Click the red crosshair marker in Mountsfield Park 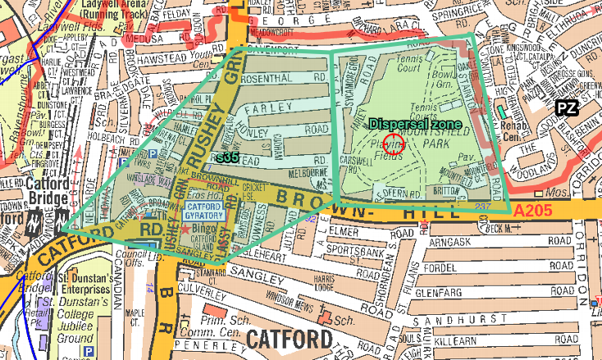(x=394, y=144)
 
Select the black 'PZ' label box (x=565, y=107)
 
